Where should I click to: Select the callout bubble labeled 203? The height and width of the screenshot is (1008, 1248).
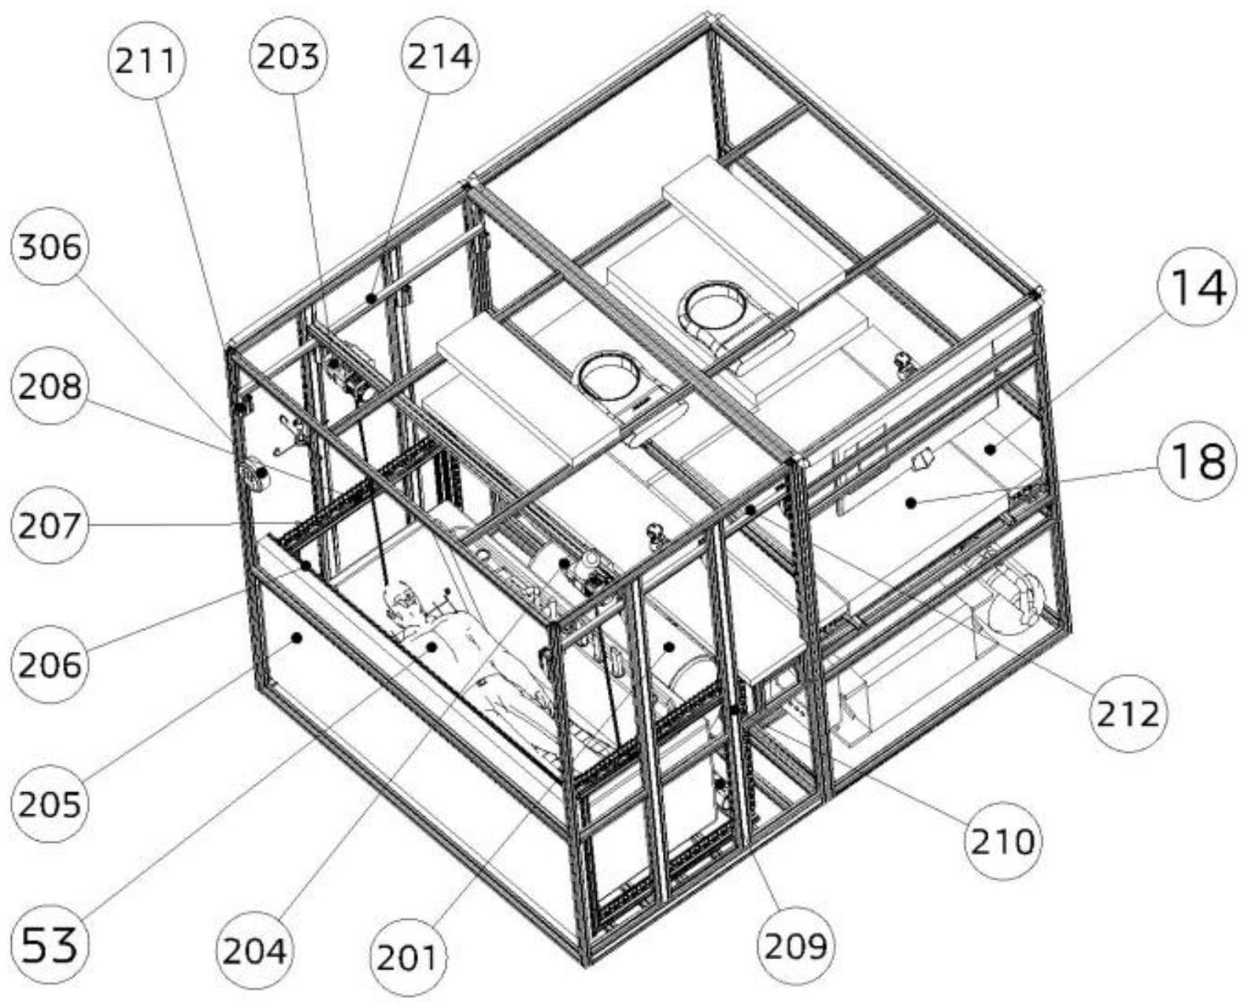click(289, 57)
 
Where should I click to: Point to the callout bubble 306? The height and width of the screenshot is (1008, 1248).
click(50, 246)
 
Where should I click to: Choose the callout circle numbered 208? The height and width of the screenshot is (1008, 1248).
click(50, 386)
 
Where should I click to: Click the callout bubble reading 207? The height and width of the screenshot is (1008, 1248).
click(50, 525)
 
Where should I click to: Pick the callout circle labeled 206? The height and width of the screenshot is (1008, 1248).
click(50, 665)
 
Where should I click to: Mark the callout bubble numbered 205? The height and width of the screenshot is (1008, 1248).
click(50, 804)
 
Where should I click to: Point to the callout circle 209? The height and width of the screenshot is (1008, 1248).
click(795, 945)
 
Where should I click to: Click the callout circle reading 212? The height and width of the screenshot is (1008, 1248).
click(1128, 713)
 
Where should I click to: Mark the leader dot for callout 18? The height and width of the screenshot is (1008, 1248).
click(910, 502)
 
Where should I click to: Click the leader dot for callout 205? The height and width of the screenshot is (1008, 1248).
click(298, 637)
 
